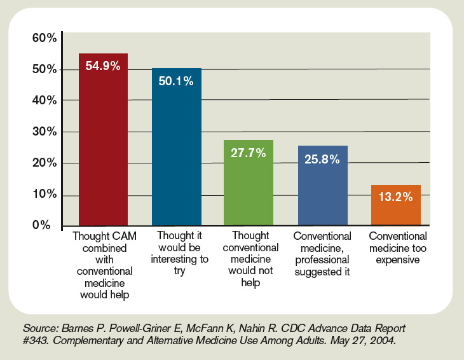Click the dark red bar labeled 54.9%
103,140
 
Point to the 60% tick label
44,39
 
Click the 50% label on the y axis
44,70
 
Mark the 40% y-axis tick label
44,101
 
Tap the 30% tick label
44,132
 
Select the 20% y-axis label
44,163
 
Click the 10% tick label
44,195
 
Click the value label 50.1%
177,80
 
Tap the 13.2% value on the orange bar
396,197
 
